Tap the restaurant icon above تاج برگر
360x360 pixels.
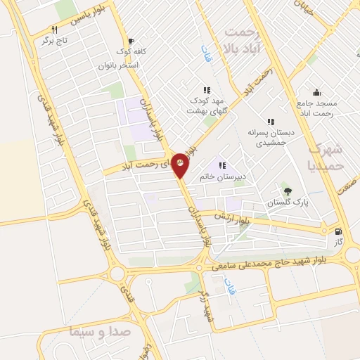click(x=53, y=30)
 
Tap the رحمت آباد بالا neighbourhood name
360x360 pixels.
click(x=240, y=40)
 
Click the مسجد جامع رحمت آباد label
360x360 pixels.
click(x=316, y=108)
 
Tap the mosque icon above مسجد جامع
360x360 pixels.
click(x=316, y=91)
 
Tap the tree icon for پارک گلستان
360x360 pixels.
click(x=286, y=191)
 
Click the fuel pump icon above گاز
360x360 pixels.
click(x=340, y=231)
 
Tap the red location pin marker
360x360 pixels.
click(x=180, y=165)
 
